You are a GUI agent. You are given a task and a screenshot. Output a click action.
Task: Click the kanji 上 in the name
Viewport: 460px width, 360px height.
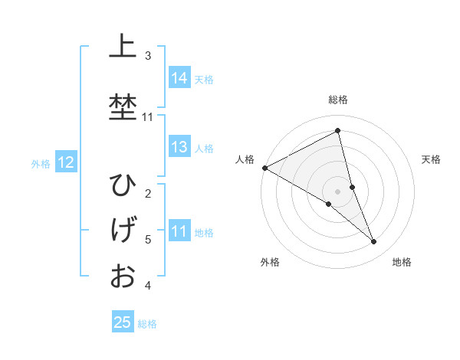[x=122, y=47]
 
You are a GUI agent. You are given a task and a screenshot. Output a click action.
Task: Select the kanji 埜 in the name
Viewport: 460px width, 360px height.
[x=122, y=106]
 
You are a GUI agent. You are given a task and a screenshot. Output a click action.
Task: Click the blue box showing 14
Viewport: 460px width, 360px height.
[x=179, y=78]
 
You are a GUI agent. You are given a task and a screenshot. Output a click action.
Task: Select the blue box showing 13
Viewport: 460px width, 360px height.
[x=179, y=147]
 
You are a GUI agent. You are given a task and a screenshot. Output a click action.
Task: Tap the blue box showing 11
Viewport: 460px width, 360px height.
[x=179, y=231]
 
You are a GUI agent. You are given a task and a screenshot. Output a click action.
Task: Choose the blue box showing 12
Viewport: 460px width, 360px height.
[x=65, y=162]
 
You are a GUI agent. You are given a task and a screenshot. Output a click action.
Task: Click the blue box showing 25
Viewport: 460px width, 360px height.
[x=123, y=322]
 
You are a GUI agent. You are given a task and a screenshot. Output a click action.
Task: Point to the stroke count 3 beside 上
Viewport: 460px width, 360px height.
[x=148, y=55]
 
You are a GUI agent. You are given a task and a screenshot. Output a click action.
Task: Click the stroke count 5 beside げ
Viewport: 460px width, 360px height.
[x=148, y=240]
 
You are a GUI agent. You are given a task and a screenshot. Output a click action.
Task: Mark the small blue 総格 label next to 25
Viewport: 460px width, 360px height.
[x=147, y=324]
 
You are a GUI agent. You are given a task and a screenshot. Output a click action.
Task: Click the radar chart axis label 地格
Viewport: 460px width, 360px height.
[x=402, y=262]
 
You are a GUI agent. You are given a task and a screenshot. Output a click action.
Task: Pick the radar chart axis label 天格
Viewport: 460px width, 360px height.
[x=431, y=159]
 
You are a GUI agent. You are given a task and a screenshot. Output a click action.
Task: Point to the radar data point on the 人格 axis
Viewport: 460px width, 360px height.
[x=264, y=168]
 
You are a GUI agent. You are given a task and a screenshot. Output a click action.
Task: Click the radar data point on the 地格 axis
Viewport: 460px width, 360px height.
[x=374, y=242]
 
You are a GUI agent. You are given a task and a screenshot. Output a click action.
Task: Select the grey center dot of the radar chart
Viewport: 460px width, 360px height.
[x=338, y=191]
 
